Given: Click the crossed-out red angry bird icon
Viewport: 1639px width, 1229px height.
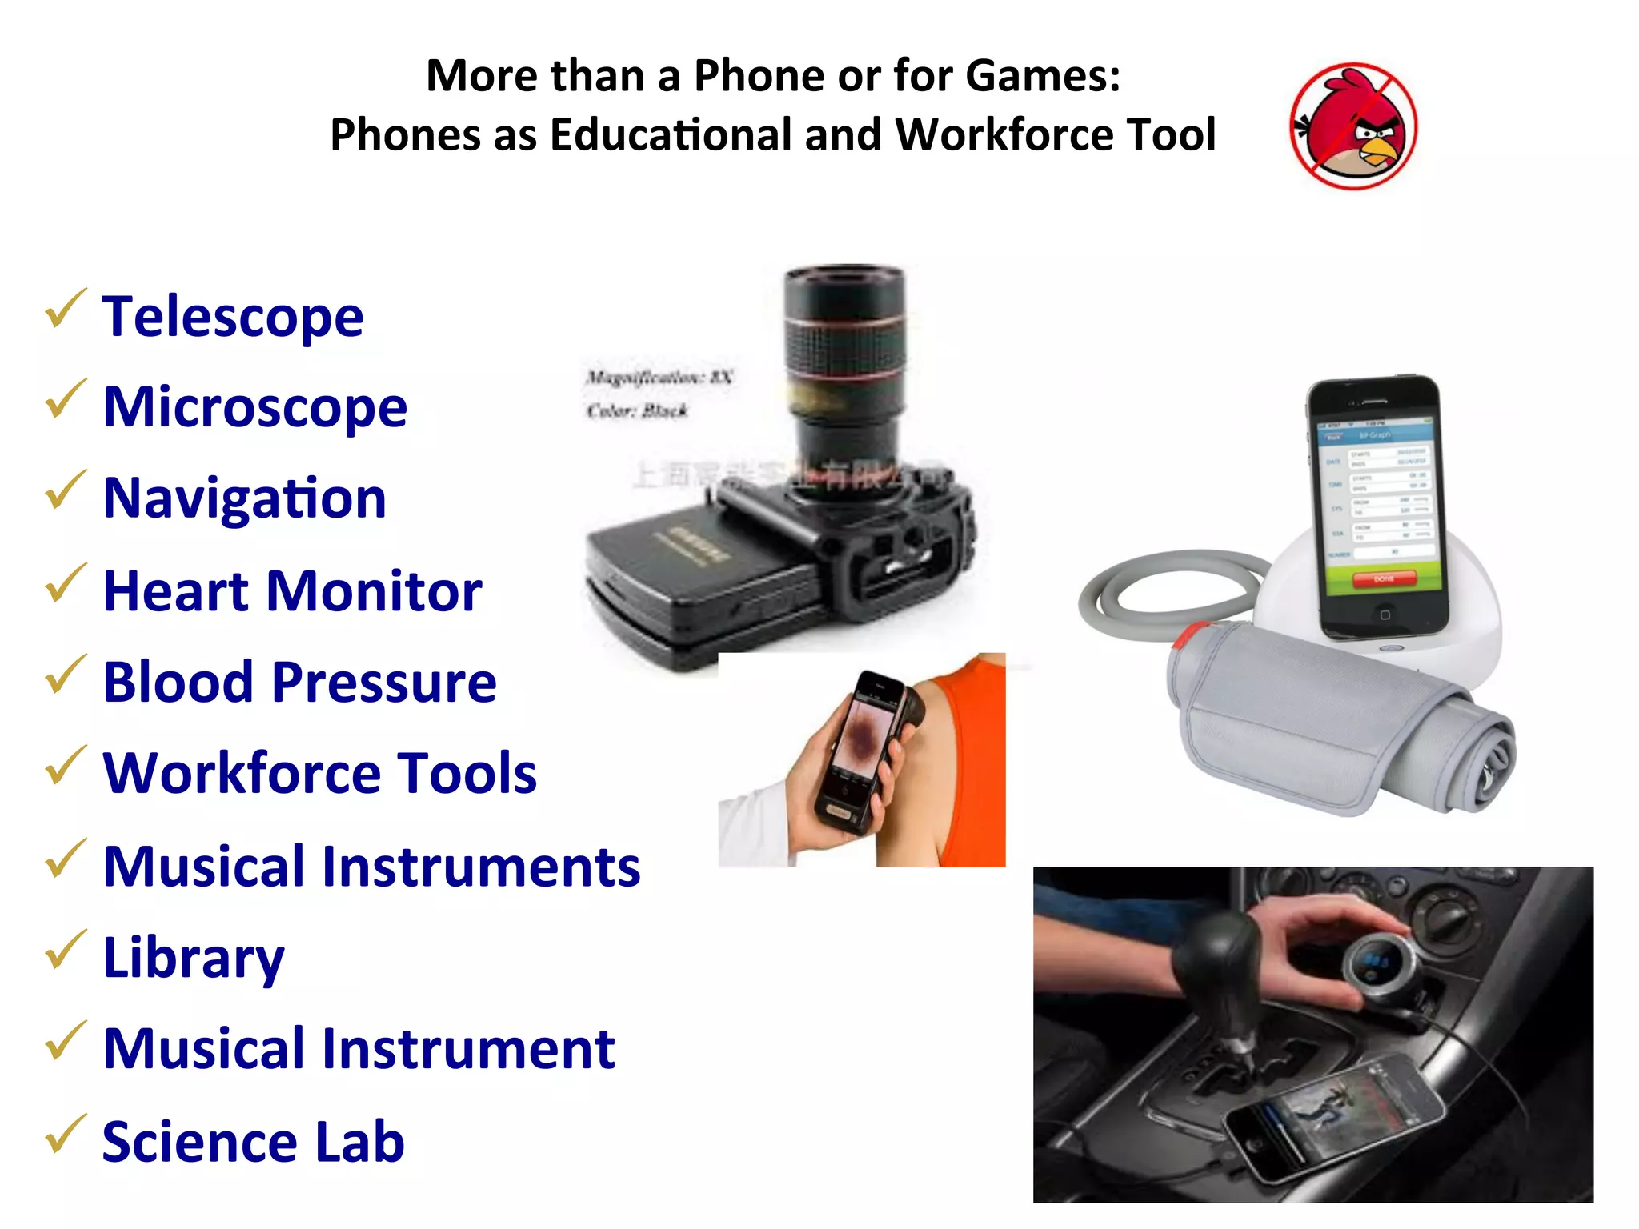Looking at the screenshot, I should coord(1353,126).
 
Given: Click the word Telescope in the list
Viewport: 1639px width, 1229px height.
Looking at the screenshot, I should coord(233,317).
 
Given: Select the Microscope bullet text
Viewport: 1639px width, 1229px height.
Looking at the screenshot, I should coord(255,407).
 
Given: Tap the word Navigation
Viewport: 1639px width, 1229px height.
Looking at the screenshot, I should coord(245,498).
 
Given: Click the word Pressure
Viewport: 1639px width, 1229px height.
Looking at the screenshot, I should coord(384,683).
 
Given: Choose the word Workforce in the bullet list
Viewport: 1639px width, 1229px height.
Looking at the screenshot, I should coord(240,774).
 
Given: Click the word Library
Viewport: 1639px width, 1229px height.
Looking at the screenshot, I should coord(194,958).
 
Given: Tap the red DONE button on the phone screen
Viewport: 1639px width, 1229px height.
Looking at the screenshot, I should coord(1384,578).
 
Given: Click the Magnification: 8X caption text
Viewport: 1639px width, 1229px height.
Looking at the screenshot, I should coord(659,377).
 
